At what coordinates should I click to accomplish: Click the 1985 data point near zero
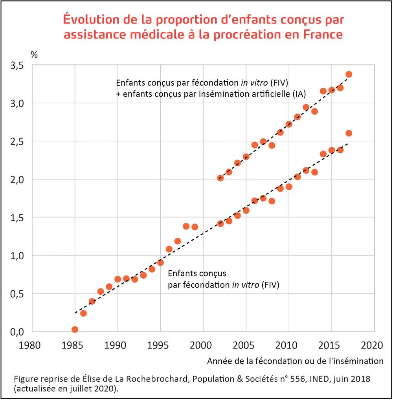pyautogui.click(x=75, y=329)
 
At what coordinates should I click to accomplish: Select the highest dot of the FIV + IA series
pyautogui.click(x=349, y=74)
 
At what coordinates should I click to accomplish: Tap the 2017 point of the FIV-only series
pyautogui.click(x=349, y=133)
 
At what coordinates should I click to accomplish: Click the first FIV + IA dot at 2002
pyautogui.click(x=220, y=178)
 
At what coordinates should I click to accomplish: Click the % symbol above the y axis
pyautogui.click(x=34, y=55)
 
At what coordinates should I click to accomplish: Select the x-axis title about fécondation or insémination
pyautogui.click(x=295, y=361)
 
